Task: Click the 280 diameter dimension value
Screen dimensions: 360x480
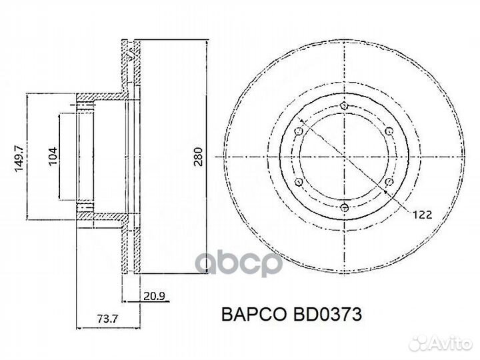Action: click(197, 155)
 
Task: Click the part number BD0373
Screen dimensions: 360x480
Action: click(325, 315)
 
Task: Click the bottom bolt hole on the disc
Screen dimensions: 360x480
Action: click(343, 208)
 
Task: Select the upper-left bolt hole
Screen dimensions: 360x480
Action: click(299, 131)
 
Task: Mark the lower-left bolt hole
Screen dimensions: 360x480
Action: click(299, 182)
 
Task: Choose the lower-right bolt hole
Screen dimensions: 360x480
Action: click(388, 182)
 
